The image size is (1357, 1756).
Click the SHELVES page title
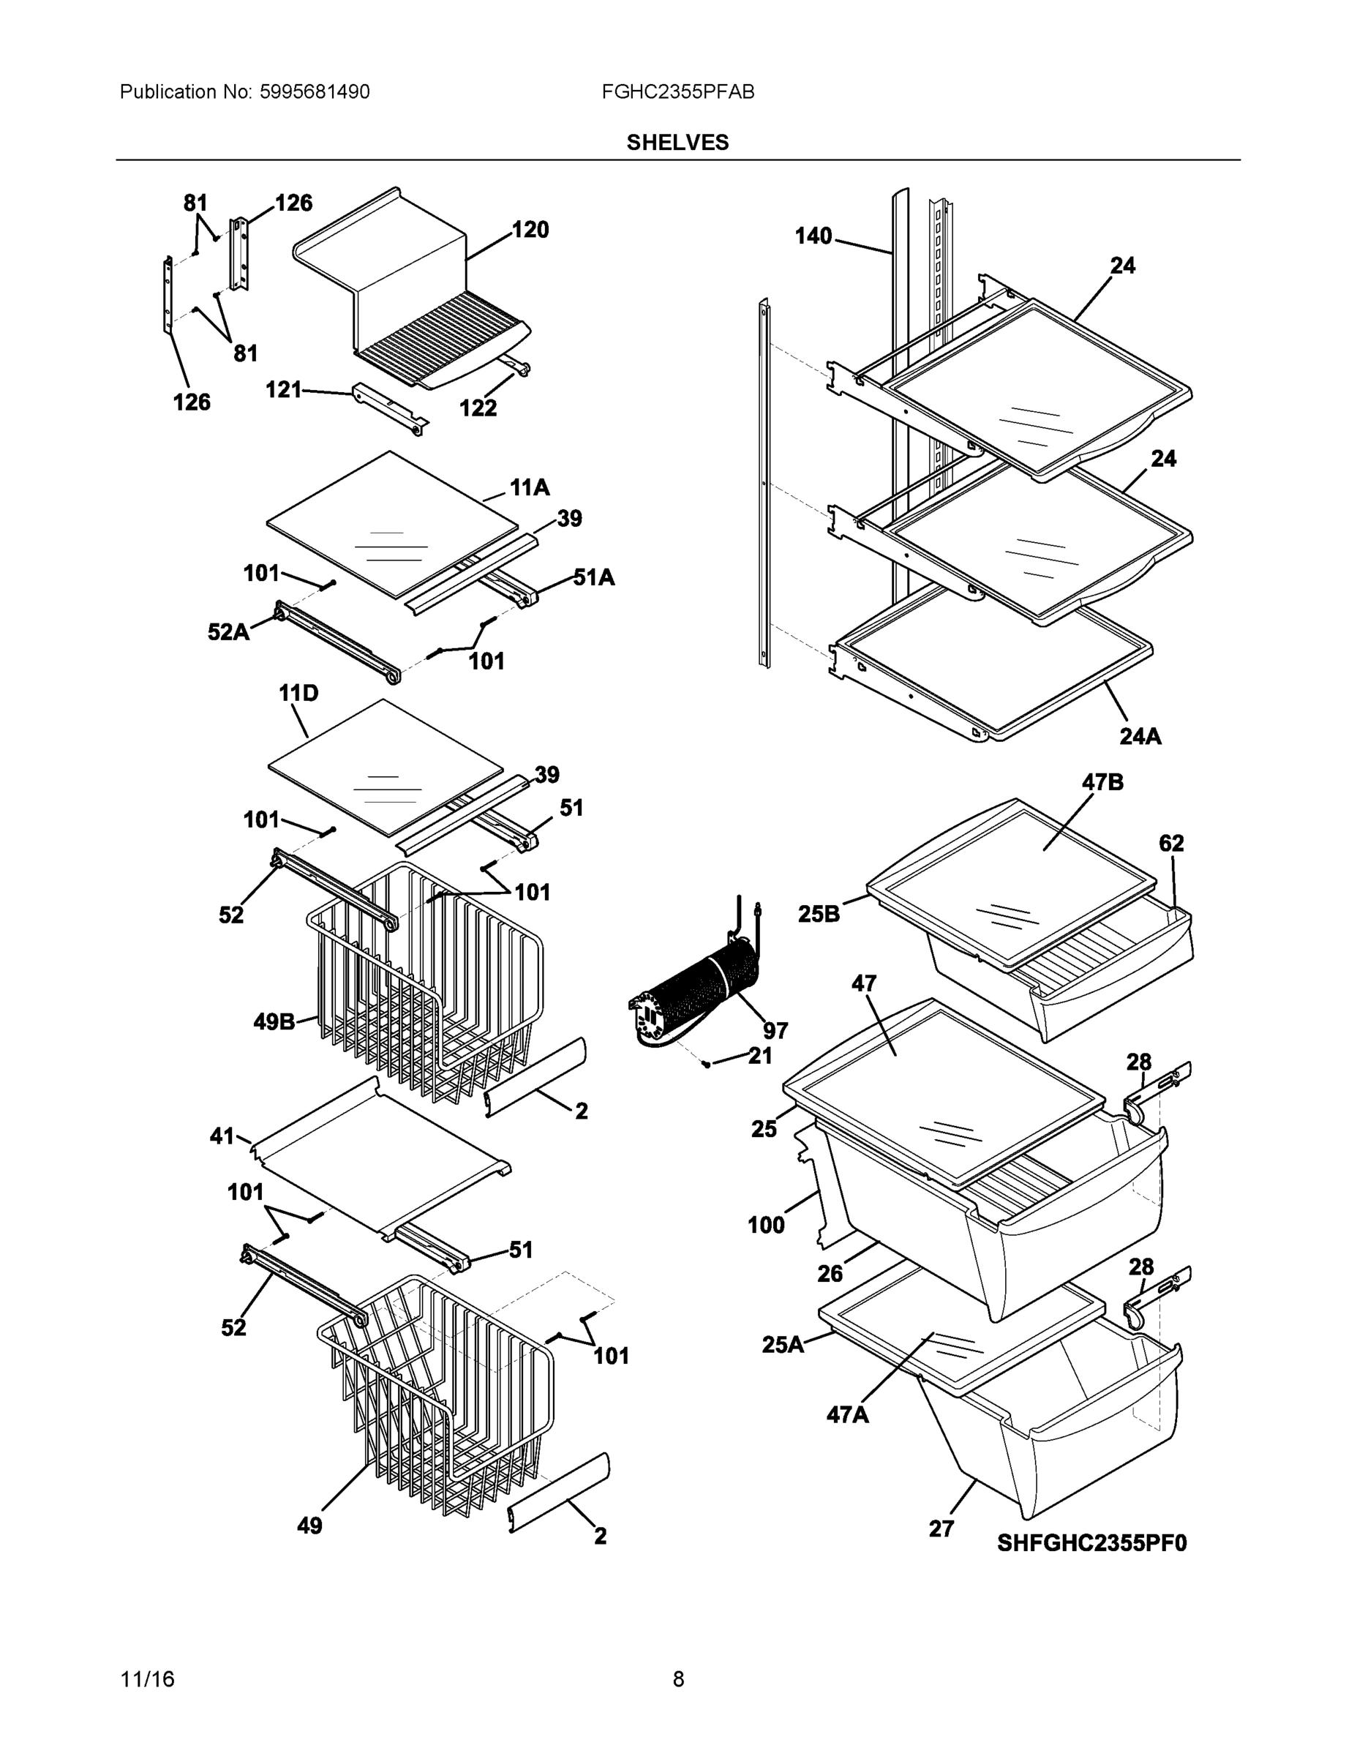[677, 143]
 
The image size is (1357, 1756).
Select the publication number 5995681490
[315, 91]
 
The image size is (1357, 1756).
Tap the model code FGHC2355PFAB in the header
[677, 91]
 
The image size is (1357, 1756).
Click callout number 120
[530, 230]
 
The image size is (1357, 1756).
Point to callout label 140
[813, 236]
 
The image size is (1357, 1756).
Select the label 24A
[1140, 735]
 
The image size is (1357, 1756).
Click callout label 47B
[1102, 781]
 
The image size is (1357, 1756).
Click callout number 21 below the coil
[759, 1056]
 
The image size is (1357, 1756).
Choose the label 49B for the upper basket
[274, 1022]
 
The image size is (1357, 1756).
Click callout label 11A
[530, 487]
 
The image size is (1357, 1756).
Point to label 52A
[228, 632]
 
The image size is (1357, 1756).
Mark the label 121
[284, 390]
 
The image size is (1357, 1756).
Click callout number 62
[1171, 844]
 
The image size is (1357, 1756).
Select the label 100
[765, 1225]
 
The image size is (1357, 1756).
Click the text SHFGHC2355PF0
[1091, 1543]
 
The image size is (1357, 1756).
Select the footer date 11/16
[147, 1679]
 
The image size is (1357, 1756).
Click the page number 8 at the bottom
[677, 1679]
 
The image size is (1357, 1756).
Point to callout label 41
[222, 1136]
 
